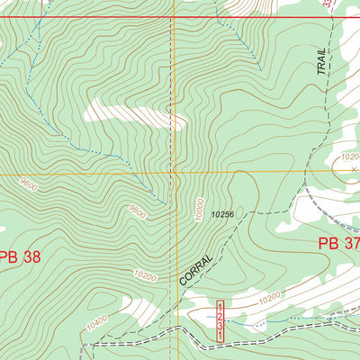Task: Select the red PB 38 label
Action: point(20,256)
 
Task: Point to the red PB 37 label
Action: point(338,244)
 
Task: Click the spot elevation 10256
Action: point(227,215)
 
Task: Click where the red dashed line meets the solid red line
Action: point(171,17)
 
